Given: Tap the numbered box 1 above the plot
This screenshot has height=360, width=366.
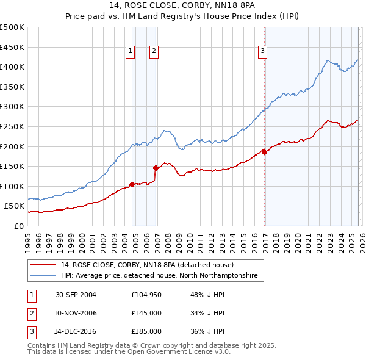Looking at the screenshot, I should [x=131, y=51].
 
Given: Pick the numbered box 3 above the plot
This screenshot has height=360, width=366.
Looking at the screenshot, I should [x=262, y=51].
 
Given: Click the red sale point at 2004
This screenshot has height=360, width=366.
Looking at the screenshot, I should [x=132, y=184].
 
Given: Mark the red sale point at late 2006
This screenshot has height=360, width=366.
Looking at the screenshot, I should [x=156, y=168].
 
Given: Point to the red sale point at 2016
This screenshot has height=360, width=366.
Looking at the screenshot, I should [x=264, y=152].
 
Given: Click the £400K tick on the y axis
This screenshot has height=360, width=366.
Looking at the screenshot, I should [x=12, y=67].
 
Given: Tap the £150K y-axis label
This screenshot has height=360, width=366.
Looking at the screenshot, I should [x=12, y=166].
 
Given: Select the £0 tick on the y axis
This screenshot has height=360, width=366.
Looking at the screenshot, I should [x=18, y=226].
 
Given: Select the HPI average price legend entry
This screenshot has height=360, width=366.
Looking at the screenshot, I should [x=159, y=276].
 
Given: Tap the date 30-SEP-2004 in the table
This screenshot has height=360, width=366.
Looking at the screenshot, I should [x=76, y=295].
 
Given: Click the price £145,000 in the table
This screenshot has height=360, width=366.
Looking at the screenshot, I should [x=146, y=314].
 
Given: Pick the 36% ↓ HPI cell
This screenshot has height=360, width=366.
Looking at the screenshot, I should [x=208, y=332].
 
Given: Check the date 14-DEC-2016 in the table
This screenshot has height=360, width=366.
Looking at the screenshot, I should [x=76, y=332].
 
